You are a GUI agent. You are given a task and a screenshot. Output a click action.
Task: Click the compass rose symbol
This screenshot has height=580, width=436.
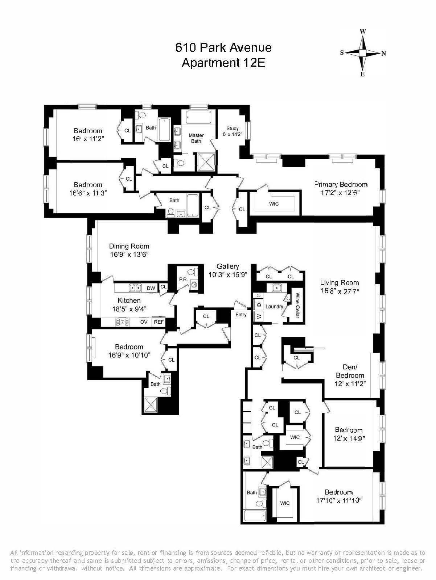coord(362,53)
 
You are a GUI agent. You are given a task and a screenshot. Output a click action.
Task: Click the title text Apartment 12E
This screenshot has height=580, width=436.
coord(223,63)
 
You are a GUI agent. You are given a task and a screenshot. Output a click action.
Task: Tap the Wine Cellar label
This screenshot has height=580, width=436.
coord(297,306)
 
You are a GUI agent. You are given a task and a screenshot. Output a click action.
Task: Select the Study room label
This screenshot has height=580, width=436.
coord(233,129)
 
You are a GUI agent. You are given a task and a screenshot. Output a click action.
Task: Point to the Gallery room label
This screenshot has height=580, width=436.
coord(228,266)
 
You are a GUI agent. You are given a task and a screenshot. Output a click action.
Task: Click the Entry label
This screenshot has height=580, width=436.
coord(241,315)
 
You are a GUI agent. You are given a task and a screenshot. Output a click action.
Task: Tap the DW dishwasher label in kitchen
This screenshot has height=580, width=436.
coord(151,288)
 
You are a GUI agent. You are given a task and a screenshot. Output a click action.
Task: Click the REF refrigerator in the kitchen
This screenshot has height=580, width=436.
coord(159,322)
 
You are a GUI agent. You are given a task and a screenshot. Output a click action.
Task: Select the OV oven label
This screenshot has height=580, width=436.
coord(144,322)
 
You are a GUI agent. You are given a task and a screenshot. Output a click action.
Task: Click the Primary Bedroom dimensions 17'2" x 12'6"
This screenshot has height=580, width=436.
coord(341,193)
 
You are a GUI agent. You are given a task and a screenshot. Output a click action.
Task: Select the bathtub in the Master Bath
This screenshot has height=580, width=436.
coord(198,117)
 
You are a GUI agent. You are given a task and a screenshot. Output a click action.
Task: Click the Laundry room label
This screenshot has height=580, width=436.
coord(274,307)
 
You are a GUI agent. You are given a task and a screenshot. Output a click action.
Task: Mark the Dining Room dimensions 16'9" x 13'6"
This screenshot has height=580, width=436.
coord(129,255)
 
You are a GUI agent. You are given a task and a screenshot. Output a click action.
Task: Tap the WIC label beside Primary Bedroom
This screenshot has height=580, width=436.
coord(274,204)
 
